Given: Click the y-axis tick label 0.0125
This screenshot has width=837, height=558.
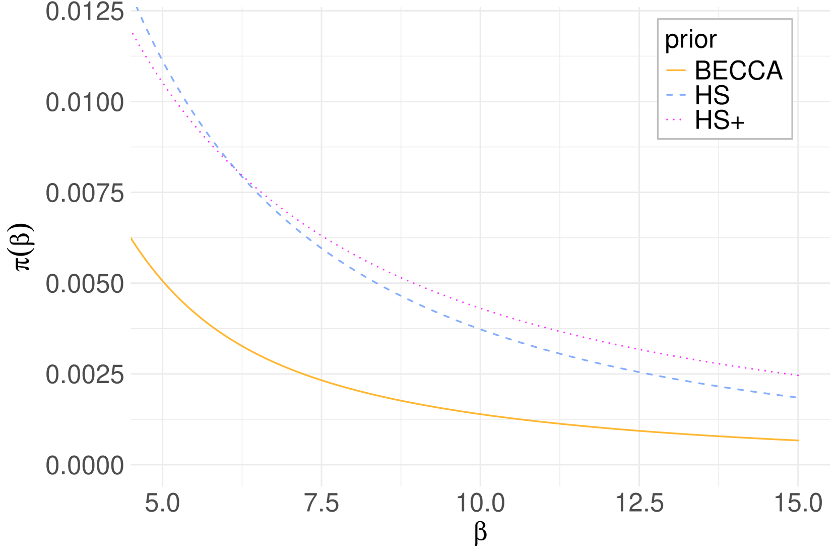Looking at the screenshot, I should tap(84, 12).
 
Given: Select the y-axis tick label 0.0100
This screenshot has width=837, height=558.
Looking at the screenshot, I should tap(84, 102).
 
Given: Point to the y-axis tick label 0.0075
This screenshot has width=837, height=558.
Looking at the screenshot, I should tap(84, 193).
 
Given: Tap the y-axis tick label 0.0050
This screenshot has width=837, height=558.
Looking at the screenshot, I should tap(84, 284).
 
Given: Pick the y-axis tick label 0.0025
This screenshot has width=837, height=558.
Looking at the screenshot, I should tap(84, 375).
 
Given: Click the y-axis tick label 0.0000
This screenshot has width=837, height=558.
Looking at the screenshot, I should tap(84, 465).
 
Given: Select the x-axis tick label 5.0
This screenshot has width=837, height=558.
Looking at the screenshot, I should tap(162, 503).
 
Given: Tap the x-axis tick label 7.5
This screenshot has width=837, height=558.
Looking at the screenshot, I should tap(321, 503).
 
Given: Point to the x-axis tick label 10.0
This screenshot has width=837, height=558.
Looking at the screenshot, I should tap(480, 503).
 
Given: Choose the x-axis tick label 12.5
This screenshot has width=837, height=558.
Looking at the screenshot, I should tap(639, 503).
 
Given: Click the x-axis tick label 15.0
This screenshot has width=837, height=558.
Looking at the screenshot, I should tap(798, 503).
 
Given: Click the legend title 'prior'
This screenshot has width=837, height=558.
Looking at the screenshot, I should tap(690, 39).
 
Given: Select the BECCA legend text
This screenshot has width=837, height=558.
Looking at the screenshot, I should tap(738, 71).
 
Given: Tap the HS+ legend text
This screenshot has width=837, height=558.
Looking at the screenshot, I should tap(720, 120).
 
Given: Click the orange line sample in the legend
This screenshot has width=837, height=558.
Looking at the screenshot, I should tap(676, 71).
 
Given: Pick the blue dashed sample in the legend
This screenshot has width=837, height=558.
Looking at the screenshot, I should tap(676, 95).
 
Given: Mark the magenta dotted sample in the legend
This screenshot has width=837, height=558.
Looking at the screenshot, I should tap(676, 120).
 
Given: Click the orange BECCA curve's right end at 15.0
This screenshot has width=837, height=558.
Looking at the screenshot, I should tap(797, 440).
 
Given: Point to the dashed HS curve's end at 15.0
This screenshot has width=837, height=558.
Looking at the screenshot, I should tap(797, 397).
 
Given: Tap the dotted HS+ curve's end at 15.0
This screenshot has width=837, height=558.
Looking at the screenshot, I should tap(797, 375).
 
